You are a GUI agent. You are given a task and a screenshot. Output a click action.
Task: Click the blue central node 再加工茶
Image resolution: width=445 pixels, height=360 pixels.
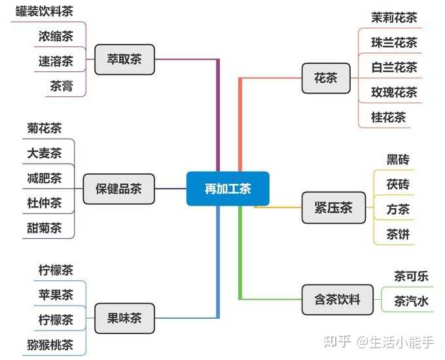click(228, 189)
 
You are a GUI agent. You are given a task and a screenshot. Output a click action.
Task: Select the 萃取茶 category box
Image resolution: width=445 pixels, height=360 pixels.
click(124, 60)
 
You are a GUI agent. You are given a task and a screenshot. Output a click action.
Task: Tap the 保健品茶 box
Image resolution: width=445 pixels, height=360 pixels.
click(118, 189)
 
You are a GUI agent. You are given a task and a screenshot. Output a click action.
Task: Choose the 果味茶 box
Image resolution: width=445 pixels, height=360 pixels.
click(124, 318)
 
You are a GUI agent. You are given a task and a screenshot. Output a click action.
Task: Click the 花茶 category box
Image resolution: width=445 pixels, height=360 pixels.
click(326, 78)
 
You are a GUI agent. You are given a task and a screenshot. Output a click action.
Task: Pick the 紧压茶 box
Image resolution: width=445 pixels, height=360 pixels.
click(334, 207)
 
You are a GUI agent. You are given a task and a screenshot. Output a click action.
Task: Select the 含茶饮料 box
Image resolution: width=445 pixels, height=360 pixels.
click(338, 300)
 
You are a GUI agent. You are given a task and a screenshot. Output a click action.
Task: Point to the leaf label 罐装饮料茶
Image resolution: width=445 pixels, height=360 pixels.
click(44, 12)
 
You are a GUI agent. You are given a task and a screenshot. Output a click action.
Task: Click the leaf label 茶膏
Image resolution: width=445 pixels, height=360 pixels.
click(62, 86)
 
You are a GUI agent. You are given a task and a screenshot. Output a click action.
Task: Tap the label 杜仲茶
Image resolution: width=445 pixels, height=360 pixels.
click(44, 203)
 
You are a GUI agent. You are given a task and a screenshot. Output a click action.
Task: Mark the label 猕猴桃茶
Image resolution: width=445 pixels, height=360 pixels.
click(50, 345)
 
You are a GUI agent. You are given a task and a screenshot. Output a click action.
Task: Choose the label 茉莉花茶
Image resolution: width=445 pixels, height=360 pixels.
click(394, 18)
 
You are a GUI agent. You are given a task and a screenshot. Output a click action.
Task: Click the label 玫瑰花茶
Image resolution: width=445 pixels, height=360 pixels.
click(394, 92)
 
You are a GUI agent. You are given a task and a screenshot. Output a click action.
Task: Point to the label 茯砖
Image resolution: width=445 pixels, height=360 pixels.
click(398, 185)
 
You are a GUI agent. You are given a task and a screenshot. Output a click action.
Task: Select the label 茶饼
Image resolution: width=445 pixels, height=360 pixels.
click(398, 234)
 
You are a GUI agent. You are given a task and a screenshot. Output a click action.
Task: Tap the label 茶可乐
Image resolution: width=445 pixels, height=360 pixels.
click(411, 276)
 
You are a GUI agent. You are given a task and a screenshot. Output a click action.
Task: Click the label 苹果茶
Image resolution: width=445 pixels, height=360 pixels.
click(56, 295)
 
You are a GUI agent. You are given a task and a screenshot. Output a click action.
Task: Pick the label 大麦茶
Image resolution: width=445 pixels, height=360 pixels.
click(44, 153)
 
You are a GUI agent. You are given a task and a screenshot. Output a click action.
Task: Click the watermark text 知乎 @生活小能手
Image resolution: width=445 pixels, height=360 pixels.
click(379, 342)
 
